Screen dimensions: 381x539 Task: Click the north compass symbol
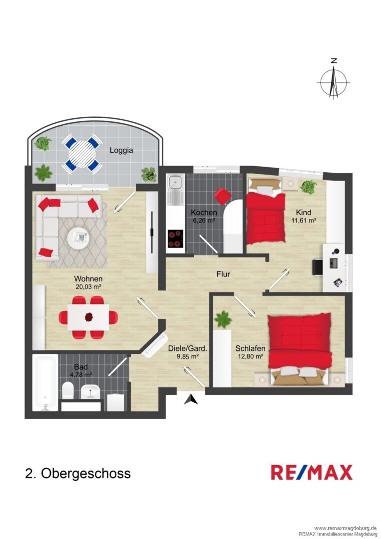(333, 80)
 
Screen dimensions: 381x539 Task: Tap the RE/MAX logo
(312, 472)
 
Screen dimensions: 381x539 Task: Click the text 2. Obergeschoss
(78, 473)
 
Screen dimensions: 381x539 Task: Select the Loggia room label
(121, 150)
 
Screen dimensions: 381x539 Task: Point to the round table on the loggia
(82, 155)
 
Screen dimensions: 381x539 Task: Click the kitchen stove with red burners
(175, 239)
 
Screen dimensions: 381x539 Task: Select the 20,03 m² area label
(88, 286)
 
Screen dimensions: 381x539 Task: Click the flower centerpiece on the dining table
(89, 317)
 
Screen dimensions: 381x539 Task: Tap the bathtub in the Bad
(45, 383)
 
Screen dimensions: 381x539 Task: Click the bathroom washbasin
(90, 392)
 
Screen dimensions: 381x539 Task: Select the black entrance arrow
(190, 399)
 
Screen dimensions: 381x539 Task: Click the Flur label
(223, 274)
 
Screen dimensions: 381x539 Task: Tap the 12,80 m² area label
(251, 356)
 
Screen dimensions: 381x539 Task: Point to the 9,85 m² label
(188, 356)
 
